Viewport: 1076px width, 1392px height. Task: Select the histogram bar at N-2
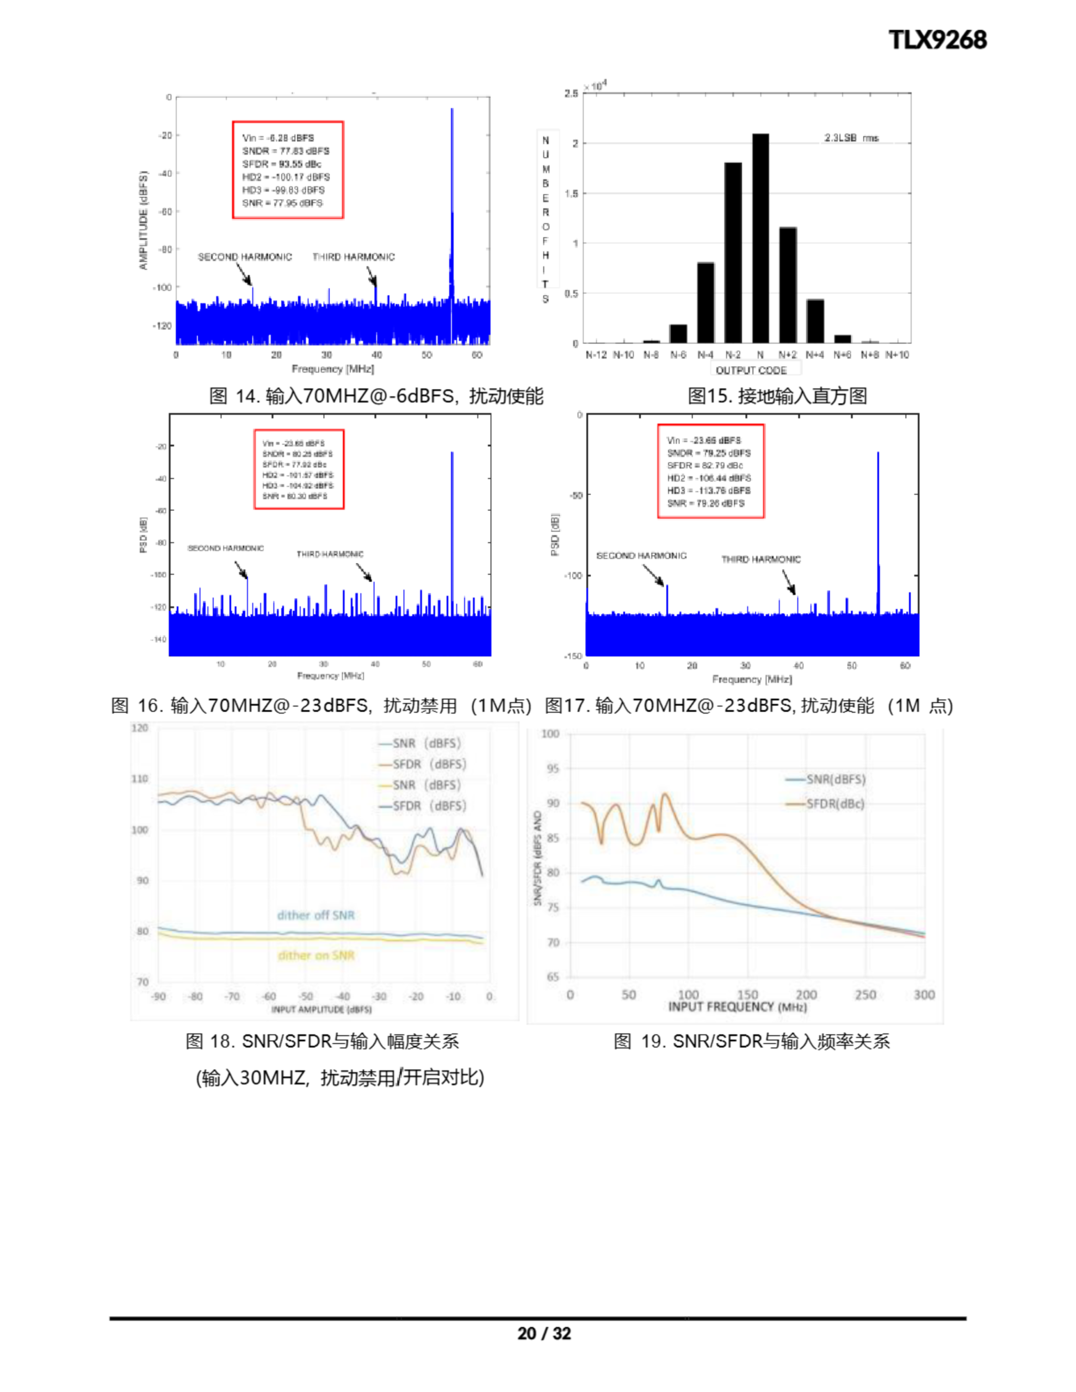coord(733,252)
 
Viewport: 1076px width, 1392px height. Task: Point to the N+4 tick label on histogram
coord(814,355)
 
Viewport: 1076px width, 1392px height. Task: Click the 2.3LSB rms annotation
coord(851,138)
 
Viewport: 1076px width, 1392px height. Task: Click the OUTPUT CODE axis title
coord(751,370)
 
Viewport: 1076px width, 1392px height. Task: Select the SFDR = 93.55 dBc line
coord(281,164)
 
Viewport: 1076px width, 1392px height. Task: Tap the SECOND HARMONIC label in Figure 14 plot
coord(244,257)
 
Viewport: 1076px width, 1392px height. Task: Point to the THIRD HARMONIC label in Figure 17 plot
coord(760,559)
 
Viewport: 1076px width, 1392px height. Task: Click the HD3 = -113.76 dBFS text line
coord(709,490)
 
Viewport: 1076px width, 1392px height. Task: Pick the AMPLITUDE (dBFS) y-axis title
coord(144,220)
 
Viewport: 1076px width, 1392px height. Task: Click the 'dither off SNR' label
coord(316,915)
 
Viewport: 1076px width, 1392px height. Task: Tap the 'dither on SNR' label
coord(316,955)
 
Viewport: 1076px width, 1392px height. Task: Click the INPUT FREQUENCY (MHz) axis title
coord(737,1007)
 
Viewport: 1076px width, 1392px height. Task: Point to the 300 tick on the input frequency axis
coord(924,995)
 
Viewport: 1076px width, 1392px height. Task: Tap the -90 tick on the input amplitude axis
coord(158,996)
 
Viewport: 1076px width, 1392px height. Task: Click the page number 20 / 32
coord(544,1333)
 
